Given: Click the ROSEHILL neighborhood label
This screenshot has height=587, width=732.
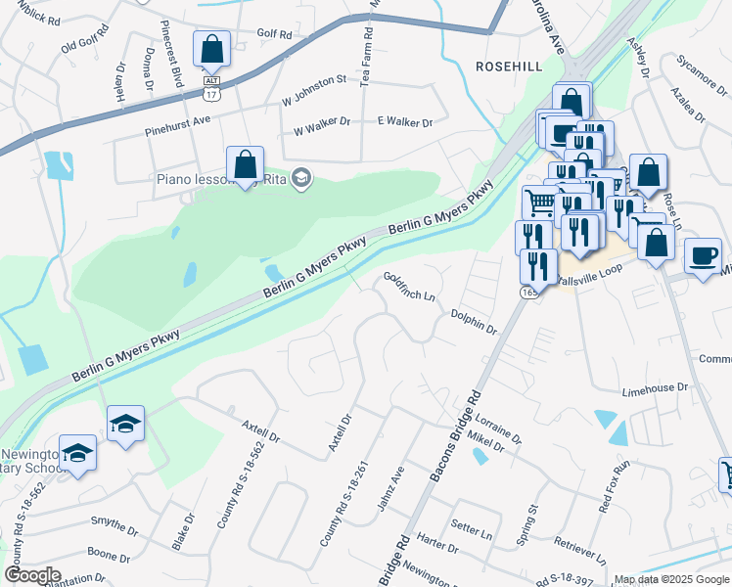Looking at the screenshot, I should point(508,66).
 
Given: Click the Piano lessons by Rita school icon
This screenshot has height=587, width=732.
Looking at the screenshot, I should point(301,177).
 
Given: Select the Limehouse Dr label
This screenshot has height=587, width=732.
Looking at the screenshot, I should point(663,390).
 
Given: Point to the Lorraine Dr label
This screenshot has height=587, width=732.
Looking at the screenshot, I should point(498,427).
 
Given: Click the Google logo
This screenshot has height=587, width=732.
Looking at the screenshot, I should point(32,575).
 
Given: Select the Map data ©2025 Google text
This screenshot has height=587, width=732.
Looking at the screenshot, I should point(671,579).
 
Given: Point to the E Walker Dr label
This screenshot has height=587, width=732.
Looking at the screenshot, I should point(405,121).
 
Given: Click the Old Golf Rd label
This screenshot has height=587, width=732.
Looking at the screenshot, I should point(81,46).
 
